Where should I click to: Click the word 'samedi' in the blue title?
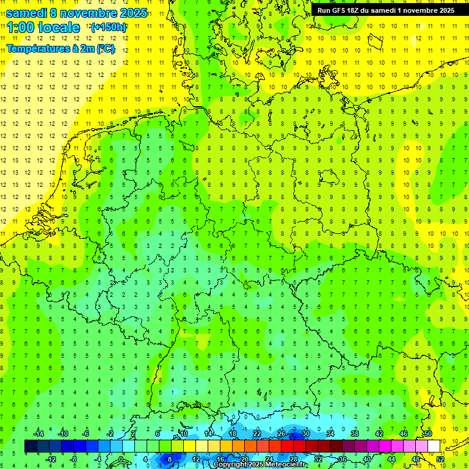(x=27, y=13)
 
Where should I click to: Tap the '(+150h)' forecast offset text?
(x=108, y=27)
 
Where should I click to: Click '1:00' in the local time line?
(x=22, y=27)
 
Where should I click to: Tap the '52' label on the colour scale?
(x=440, y=459)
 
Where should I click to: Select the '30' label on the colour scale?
(x=305, y=434)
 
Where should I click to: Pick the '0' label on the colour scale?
(x=122, y=459)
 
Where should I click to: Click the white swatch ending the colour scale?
(x=434, y=446)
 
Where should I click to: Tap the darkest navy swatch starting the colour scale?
(x=31, y=446)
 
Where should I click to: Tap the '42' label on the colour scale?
(x=379, y=434)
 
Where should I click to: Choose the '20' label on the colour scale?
(x=244, y=459)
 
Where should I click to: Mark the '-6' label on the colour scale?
(x=86, y=434)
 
